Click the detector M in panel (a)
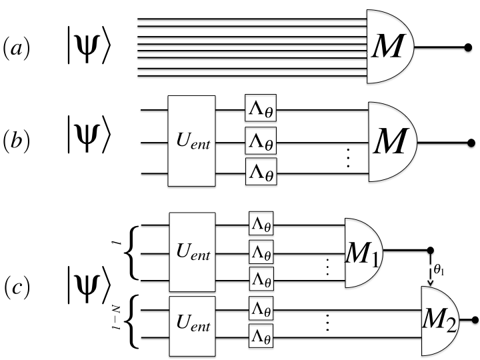(389, 48)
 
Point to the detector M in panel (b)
(391, 141)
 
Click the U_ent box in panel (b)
(191, 141)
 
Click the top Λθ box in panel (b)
(260, 110)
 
